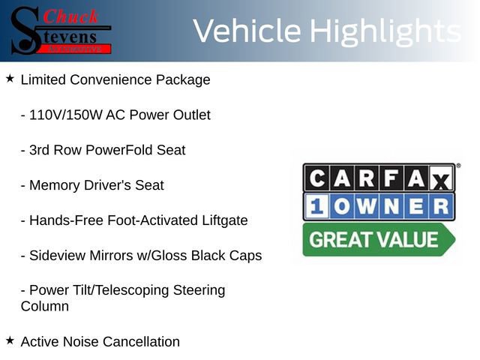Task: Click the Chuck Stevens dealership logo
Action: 61,30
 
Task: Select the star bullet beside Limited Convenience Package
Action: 10,78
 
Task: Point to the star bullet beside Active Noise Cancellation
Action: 10,340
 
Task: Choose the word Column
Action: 45,306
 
